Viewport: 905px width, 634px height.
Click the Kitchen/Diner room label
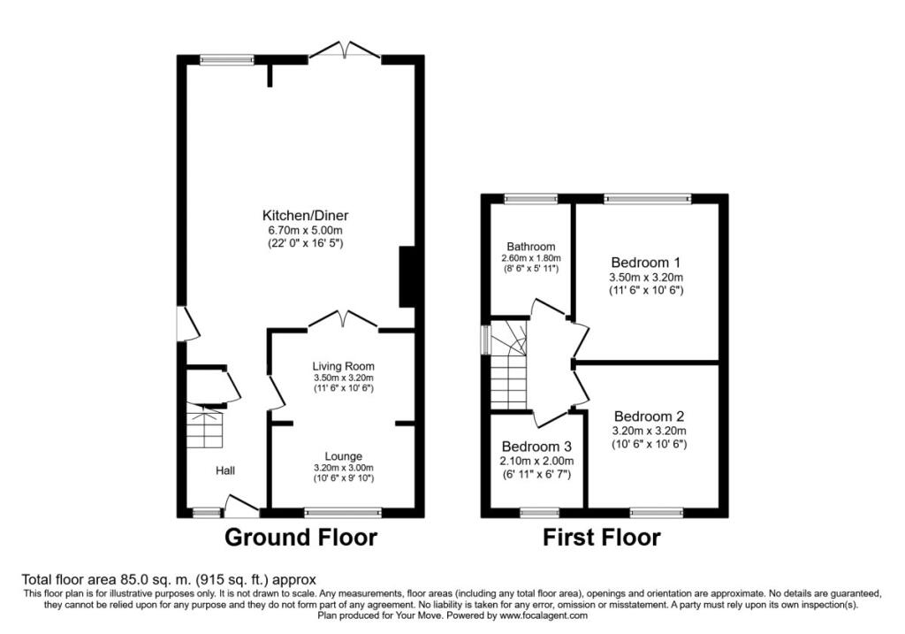pyautogui.click(x=305, y=216)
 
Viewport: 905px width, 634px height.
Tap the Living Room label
pyautogui.click(x=344, y=366)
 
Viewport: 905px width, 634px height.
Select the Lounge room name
pyautogui.click(x=344, y=456)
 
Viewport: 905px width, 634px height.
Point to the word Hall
pyautogui.click(x=225, y=470)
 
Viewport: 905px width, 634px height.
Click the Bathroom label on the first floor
pyautogui.click(x=531, y=247)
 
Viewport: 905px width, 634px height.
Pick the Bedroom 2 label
pyautogui.click(x=650, y=416)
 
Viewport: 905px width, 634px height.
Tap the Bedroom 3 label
pyautogui.click(x=536, y=447)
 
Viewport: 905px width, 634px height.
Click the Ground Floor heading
pyautogui.click(x=300, y=537)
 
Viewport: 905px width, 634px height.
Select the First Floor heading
pyautogui.click(x=601, y=538)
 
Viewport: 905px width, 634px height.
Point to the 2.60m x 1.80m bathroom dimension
pyautogui.click(x=531, y=258)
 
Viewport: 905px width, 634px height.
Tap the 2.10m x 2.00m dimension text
pyautogui.click(x=536, y=461)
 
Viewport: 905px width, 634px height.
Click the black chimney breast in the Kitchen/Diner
pyautogui.click(x=407, y=277)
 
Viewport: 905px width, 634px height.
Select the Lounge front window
pyautogui.click(x=343, y=512)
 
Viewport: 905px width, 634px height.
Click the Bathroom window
pyautogui.click(x=531, y=199)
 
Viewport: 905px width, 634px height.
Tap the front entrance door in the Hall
pyautogui.click(x=241, y=505)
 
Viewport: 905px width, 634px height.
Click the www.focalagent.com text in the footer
pyautogui.click(x=544, y=615)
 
